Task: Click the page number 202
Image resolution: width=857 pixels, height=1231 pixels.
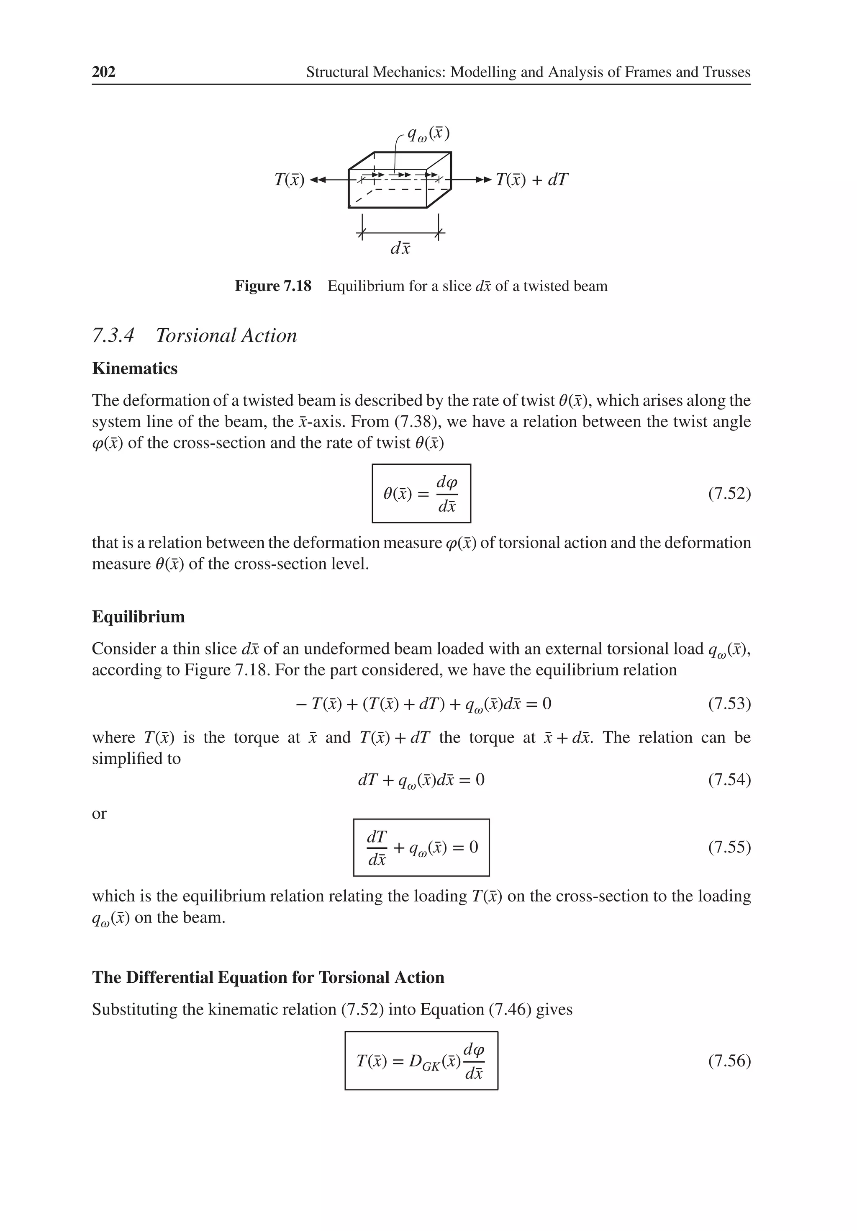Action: tap(103, 72)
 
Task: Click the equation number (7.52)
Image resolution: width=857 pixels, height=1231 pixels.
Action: tap(729, 493)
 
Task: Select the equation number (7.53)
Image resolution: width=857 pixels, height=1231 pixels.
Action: tap(729, 703)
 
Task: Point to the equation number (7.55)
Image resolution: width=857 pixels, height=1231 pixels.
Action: tap(729, 847)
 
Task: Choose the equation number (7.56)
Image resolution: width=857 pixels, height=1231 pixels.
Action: tap(729, 1061)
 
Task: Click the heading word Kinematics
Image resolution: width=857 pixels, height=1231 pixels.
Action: tap(134, 368)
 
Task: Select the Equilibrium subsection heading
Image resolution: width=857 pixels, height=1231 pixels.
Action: tap(138, 617)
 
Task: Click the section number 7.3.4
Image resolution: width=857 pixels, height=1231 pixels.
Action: tap(113, 336)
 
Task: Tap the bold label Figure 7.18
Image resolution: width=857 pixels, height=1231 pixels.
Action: tap(273, 286)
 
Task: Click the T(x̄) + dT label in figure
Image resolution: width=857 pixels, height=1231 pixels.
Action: tap(531, 180)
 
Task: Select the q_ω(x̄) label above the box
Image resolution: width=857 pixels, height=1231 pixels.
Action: tap(428, 134)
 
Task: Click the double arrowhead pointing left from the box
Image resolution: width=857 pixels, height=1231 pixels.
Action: tap(317, 180)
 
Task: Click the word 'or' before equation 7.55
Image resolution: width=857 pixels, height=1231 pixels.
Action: tap(99, 813)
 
